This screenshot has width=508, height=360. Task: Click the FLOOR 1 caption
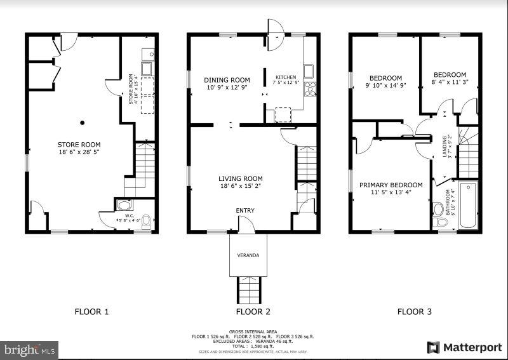coord(92,312)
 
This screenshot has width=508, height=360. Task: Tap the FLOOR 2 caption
coord(253,312)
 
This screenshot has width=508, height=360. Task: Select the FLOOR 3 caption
coord(415,312)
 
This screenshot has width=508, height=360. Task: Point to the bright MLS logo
coord(30,349)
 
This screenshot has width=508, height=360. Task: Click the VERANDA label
coord(248,255)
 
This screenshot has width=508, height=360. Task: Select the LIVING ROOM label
coord(241,179)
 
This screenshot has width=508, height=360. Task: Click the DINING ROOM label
coord(227,80)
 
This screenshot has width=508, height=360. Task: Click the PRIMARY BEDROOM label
coord(391,185)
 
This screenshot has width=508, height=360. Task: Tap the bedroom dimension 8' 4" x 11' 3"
coord(449,81)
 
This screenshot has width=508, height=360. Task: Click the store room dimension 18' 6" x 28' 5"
coord(79,152)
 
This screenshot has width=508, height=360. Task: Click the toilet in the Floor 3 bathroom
coord(438,210)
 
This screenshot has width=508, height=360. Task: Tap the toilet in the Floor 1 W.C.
coord(146,220)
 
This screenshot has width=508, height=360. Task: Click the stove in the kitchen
coord(311,89)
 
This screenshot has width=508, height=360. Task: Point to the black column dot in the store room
coord(82,123)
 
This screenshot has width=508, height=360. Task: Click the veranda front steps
coord(248,290)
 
